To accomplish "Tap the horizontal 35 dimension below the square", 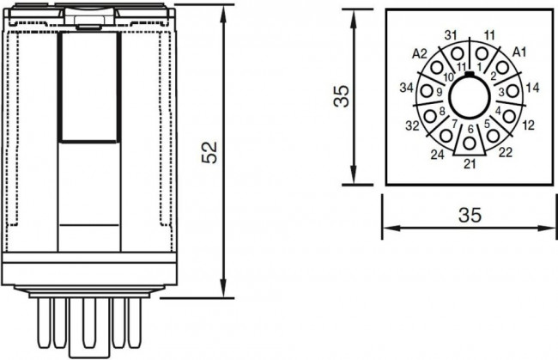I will pos(469,215).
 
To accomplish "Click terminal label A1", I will pos(519,52).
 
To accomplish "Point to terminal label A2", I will pos(420,53).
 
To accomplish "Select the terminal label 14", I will pos(532,88).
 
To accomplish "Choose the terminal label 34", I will pos(407,88).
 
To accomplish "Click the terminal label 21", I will pos(470,163).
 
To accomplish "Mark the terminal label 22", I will pos(506,153).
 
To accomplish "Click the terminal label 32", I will pos(412,125).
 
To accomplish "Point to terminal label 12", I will pos(528,125).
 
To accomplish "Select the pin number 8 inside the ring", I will pos(442,111).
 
